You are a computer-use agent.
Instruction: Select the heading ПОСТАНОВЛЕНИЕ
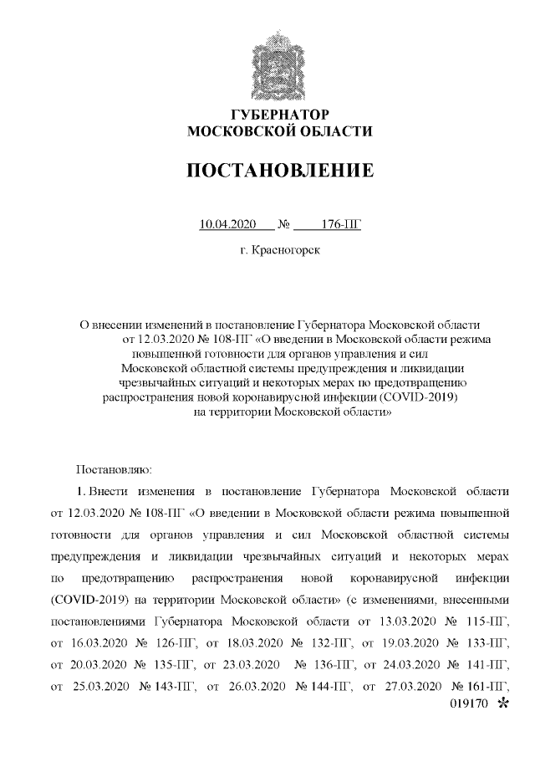pyautogui.click(x=280, y=171)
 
